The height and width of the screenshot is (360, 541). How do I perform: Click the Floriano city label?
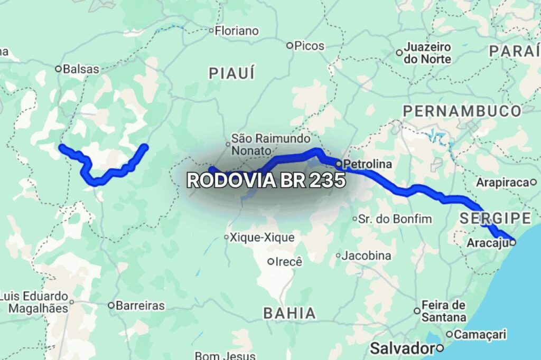[237, 31]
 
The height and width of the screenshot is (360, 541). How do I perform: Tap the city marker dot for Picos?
[290, 46]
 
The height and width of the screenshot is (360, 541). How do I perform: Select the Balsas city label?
[80, 69]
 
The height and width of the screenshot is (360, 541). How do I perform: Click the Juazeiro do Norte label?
[427, 53]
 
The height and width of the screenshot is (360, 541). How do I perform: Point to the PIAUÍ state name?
[231, 73]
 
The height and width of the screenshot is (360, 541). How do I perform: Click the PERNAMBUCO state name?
[462, 111]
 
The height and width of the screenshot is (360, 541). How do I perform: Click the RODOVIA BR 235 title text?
[266, 181]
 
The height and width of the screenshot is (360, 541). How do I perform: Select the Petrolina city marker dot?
[338, 164]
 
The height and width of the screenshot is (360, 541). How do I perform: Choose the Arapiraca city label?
[502, 183]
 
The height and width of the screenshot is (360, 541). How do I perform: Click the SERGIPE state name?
[495, 218]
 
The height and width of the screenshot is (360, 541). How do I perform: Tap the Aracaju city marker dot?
[512, 242]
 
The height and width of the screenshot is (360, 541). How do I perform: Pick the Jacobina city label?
[366, 256]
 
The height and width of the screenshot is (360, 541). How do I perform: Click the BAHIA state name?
[290, 313]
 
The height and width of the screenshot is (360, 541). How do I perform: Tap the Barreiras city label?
[140, 306]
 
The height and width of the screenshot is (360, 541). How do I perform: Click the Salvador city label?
[402, 348]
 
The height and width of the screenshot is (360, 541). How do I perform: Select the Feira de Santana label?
[444, 311]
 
